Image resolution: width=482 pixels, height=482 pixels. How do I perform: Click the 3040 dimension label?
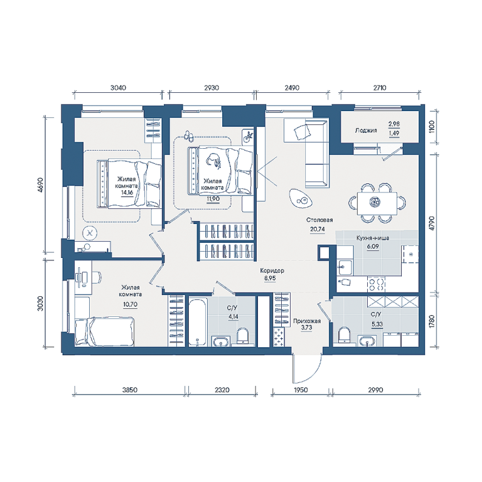(119, 88)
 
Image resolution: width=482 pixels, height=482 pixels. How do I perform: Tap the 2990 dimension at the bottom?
(376, 390)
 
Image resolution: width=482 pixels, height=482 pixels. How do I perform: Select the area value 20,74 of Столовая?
(318, 229)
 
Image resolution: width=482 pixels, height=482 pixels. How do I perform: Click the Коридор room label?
(272, 270)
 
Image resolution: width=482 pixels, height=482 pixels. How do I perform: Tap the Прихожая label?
(307, 321)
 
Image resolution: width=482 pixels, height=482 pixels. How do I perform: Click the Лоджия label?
(366, 131)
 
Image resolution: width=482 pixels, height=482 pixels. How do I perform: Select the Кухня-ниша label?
(373, 238)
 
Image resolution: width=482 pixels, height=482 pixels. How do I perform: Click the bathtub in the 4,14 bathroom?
(197, 321)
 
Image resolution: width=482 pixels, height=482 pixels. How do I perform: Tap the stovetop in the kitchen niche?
(377, 284)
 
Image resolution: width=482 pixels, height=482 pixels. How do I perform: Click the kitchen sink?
(345, 267)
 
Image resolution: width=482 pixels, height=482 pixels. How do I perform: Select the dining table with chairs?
(377, 203)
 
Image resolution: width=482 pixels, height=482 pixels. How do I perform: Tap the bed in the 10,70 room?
(105, 331)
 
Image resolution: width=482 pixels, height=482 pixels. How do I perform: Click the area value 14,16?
(127, 193)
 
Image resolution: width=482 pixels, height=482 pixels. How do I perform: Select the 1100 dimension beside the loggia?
(432, 126)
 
